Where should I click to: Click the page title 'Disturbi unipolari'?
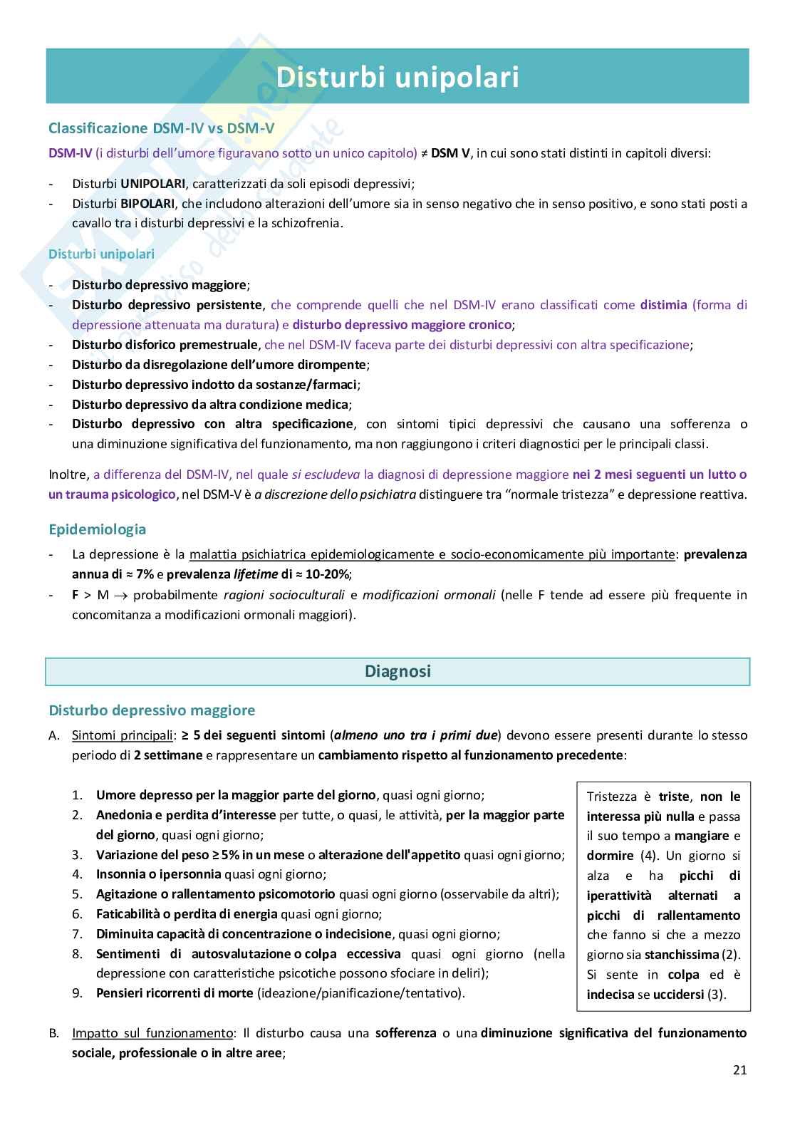click(x=397, y=77)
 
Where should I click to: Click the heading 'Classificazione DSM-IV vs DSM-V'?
click(x=161, y=128)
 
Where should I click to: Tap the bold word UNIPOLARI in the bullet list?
click(x=152, y=184)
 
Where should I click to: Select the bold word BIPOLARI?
click(x=147, y=204)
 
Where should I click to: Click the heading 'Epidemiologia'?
click(x=97, y=529)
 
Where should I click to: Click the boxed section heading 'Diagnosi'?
click(x=397, y=671)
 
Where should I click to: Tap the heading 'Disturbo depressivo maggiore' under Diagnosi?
click(x=151, y=710)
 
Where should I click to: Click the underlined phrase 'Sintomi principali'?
click(x=122, y=735)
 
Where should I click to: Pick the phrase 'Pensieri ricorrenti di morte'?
click(x=175, y=993)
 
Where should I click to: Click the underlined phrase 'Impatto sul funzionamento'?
click(x=152, y=1033)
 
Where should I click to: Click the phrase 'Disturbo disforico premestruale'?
click(x=165, y=345)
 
